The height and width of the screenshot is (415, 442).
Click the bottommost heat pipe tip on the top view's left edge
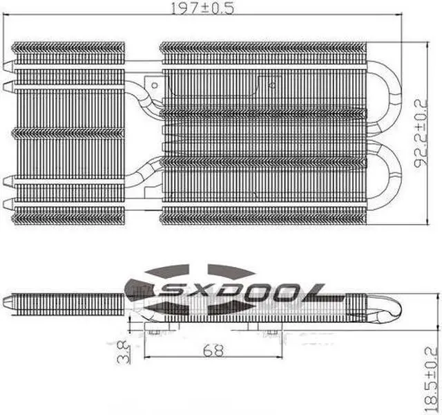8,204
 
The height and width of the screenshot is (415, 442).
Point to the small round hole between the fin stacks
271,86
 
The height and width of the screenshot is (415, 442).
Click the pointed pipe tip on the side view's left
7,302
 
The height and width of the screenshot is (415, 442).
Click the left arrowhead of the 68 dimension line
147,358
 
